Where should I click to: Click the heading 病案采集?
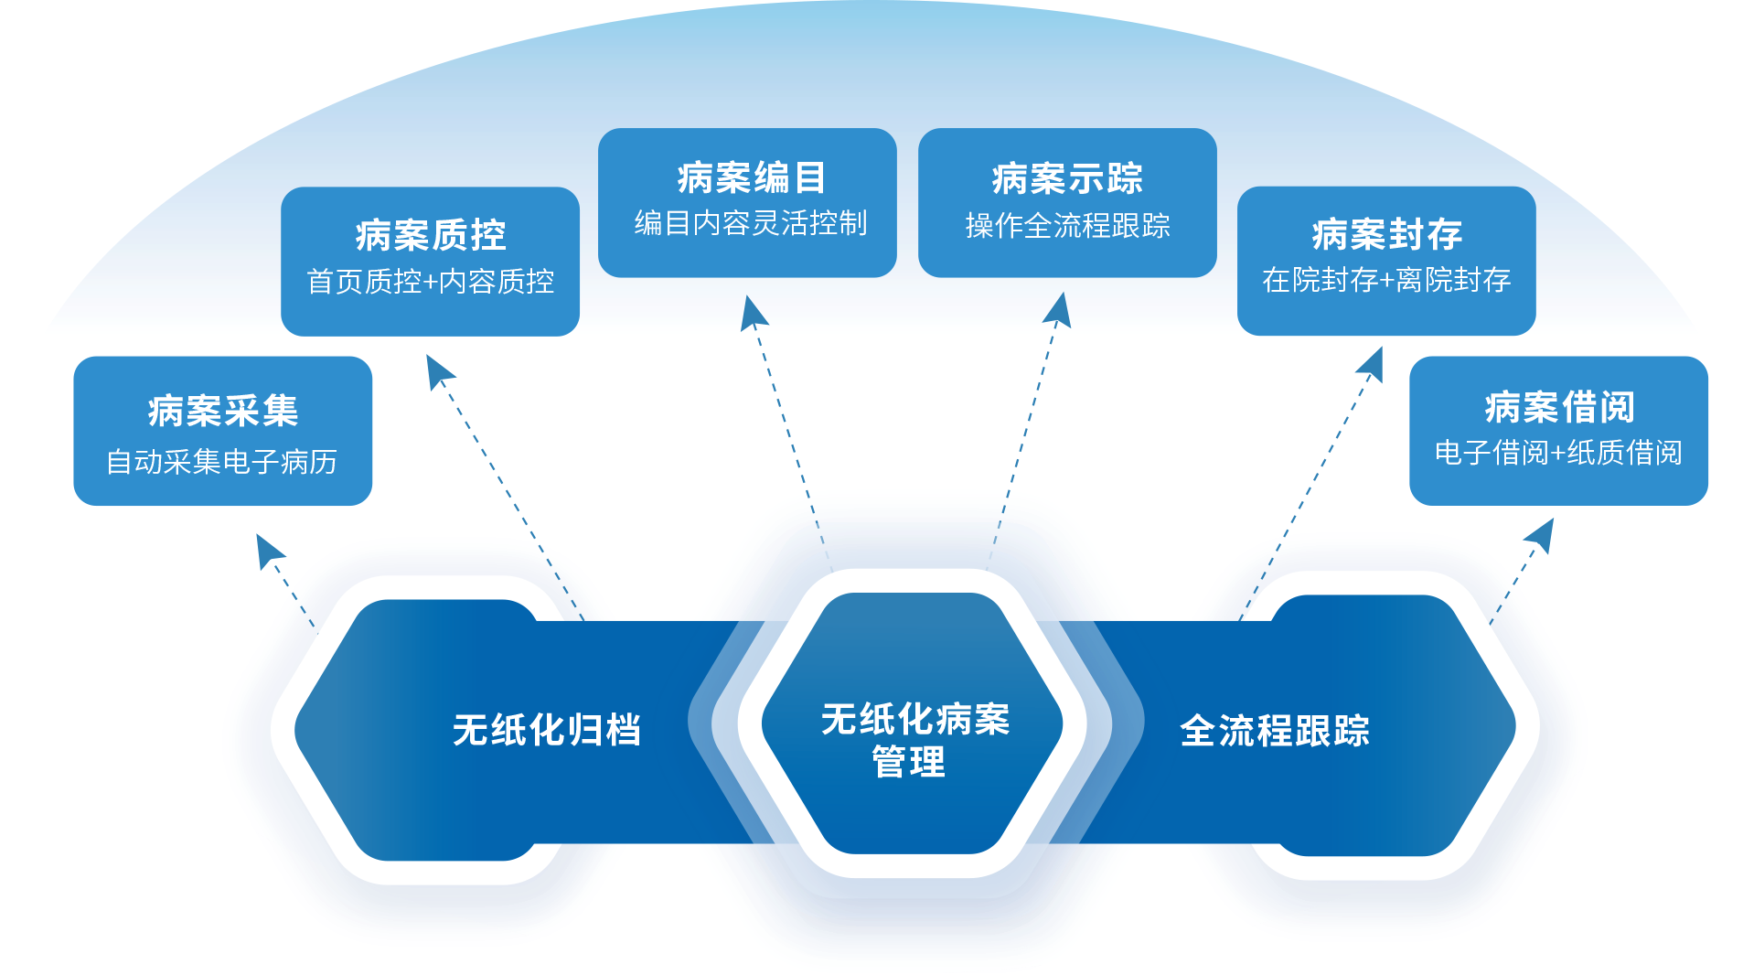[223, 412]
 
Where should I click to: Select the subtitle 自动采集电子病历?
[222, 462]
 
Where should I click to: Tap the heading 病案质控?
[431, 236]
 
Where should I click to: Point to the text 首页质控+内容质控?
[431, 282]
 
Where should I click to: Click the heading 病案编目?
[752, 178]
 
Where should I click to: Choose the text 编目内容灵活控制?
[751, 223]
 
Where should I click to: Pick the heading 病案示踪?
[1067, 179]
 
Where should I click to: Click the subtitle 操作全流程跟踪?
[1067, 225]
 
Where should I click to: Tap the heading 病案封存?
[1387, 235]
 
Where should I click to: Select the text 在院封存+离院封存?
[1386, 280]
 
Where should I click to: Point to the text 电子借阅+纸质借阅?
[1558, 453]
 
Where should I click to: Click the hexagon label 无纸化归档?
[547, 730]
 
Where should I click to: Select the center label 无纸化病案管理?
[914, 740]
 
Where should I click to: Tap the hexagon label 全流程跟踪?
[1275, 731]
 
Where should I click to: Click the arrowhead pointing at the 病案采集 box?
[268, 551]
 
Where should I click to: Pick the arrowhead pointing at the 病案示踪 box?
[1059, 308]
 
